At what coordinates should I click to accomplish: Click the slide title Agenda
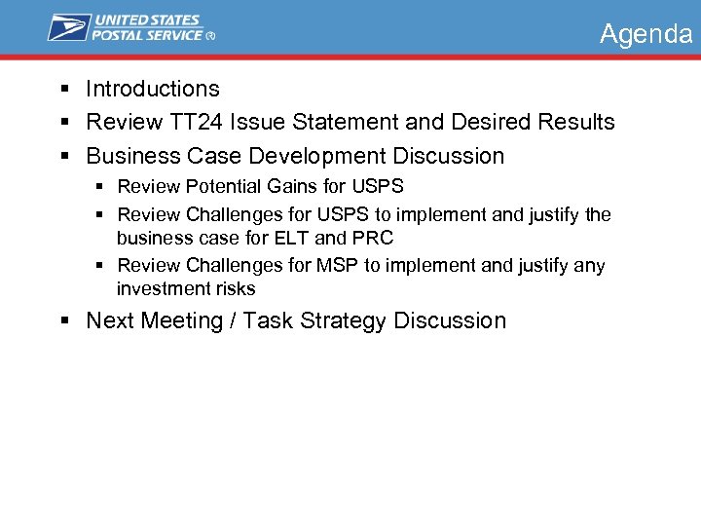646,34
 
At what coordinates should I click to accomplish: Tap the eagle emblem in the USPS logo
69,27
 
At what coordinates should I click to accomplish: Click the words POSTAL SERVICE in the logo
146,35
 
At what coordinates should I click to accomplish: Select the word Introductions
153,89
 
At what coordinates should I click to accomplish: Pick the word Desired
469,122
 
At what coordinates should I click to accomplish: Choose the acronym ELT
291,238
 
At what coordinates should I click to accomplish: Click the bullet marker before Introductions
63,90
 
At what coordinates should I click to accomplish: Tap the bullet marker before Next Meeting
63,321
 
